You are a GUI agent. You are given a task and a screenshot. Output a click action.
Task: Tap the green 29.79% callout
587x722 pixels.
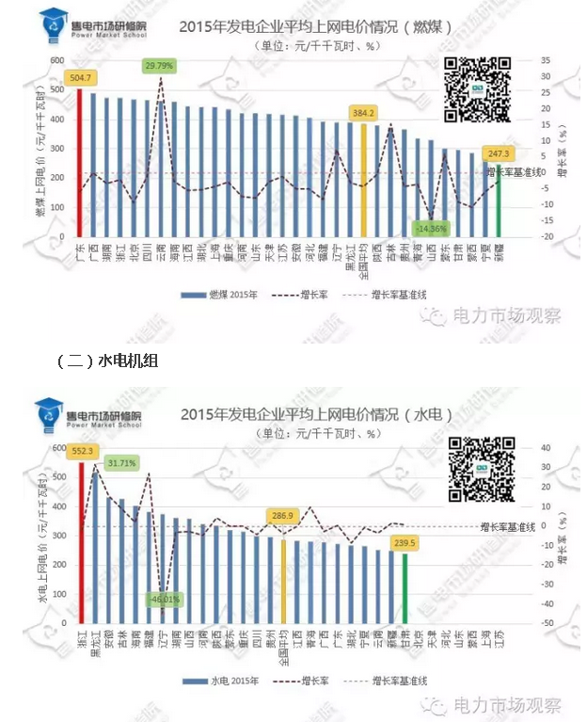[160, 66]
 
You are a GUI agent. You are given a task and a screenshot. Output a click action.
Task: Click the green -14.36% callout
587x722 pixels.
[430, 228]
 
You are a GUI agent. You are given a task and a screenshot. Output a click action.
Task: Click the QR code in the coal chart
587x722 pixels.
[477, 88]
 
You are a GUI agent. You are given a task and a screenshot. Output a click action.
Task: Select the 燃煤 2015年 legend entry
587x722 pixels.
[216, 294]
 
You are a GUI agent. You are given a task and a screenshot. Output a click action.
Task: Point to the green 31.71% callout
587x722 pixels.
[121, 463]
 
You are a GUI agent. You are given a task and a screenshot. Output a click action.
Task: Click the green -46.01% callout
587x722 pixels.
[164, 599]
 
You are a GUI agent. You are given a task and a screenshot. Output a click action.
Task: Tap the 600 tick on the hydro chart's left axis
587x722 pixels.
[57, 448]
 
